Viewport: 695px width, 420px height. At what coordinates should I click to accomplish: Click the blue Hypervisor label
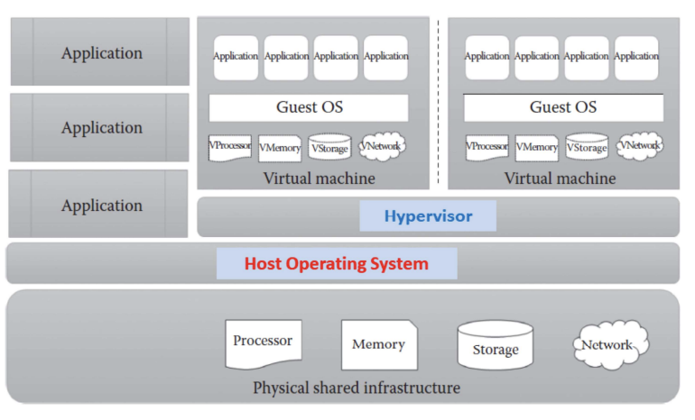428,216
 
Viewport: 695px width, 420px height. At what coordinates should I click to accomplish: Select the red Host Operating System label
336,264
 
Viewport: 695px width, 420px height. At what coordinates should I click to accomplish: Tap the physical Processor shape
263,343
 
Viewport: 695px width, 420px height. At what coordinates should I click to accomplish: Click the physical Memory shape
378,344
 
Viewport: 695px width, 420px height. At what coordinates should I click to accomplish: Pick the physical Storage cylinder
495,346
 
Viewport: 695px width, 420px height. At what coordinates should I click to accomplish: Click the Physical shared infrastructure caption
356,388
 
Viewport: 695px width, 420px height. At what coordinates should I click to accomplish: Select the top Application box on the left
100,53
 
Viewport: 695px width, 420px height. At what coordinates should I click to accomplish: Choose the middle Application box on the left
100,128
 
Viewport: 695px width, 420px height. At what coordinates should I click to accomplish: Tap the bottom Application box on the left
100,205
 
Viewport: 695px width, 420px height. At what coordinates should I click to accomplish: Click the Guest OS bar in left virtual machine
309,108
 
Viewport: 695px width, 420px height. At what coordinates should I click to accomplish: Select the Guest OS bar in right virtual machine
563,108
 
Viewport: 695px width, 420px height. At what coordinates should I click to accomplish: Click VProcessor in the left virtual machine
229,147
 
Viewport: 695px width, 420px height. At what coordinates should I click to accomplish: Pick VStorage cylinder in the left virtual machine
329,148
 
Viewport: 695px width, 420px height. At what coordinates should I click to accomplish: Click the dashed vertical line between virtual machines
439,99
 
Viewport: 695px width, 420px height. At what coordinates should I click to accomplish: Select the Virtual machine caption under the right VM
560,178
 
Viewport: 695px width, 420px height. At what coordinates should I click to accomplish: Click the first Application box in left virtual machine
236,57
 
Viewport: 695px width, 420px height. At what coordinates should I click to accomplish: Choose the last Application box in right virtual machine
636,57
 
